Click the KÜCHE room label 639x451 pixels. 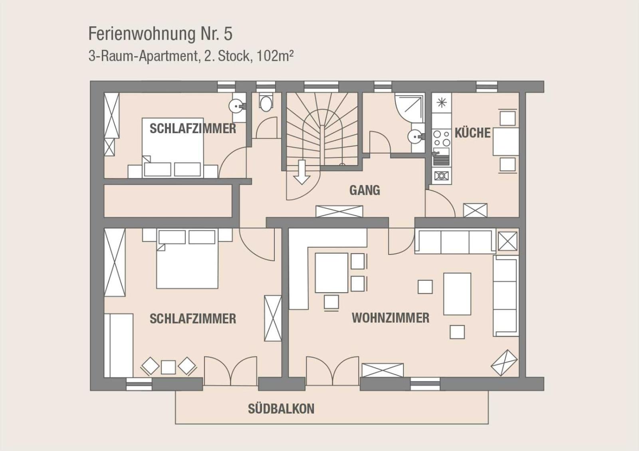coord(473,133)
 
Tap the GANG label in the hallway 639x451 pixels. coord(365,190)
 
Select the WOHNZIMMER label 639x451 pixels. coord(391,318)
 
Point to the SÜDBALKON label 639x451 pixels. coord(281,409)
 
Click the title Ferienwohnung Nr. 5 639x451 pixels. coord(160,33)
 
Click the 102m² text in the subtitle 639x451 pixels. coord(275,56)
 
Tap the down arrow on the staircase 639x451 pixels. coord(302,172)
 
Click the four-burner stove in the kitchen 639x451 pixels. coord(441,138)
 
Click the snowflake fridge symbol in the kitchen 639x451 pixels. coord(442,102)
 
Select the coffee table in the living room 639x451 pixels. coord(457,294)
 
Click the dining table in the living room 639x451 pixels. coord(331,273)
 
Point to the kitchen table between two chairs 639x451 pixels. coord(506,142)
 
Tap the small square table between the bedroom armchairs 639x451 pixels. coord(168,367)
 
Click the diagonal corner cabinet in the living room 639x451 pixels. coord(504,363)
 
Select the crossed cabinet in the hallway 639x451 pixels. coord(339,211)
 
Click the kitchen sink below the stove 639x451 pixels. coord(441,157)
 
